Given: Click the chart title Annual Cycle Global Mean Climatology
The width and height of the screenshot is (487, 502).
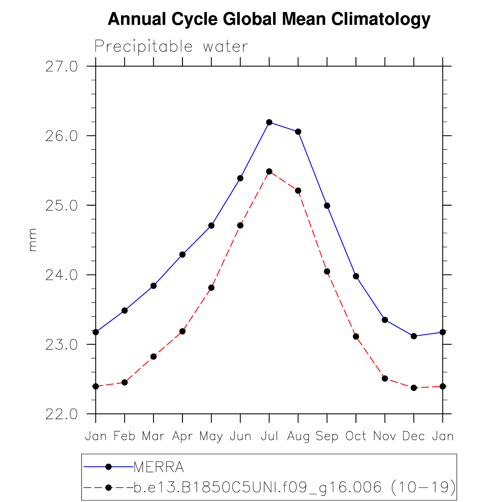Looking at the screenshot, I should point(269,19).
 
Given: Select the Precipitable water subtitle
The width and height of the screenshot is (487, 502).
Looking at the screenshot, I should point(171,46).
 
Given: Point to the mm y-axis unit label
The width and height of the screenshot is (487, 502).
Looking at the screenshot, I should point(33,240).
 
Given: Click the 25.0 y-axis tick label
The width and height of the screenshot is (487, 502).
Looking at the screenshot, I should point(62,206).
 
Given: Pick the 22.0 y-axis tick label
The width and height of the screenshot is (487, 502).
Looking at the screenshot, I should point(62,414).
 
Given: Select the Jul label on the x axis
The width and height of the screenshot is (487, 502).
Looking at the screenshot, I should point(269,436).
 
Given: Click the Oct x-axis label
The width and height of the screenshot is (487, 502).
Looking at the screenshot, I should point(356,436).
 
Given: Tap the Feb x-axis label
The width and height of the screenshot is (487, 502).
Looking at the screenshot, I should point(124,436).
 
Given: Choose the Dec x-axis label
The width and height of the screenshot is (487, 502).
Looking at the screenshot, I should point(414,436).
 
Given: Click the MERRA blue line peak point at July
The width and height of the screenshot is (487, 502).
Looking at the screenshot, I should point(269,122).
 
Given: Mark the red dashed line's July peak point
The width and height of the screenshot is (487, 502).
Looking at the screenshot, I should point(269,171).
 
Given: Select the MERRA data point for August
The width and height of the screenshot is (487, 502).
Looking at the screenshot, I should point(298,132).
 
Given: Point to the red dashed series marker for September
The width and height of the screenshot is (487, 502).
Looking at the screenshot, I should point(327,271).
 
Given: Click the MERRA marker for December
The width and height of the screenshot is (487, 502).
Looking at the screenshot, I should point(414,336).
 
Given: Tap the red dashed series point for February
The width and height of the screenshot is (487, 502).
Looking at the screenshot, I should point(124,382).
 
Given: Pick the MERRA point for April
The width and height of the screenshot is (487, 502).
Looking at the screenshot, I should point(182,254).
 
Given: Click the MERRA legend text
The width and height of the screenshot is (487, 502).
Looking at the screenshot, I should point(159,467).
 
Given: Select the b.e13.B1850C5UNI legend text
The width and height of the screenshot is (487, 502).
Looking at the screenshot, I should point(294,487).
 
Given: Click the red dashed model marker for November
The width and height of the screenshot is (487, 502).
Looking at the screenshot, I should point(385,378).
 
